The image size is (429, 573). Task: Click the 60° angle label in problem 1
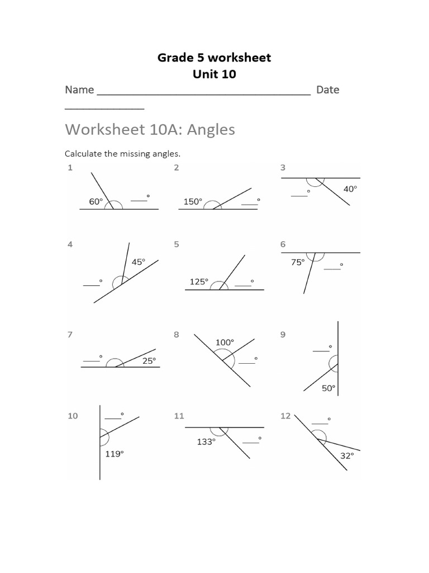96,201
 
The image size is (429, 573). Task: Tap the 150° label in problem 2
193,201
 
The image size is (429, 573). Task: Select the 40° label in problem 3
350,189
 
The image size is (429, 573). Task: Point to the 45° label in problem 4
138,261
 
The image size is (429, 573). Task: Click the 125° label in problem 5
199,281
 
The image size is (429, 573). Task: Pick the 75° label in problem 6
298,261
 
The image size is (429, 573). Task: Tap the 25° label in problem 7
149,361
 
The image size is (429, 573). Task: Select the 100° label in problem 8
225,341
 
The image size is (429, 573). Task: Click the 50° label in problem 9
328,388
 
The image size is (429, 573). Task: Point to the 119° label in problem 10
114,454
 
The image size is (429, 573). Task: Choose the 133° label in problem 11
206,442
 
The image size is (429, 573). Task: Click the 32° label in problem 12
347,455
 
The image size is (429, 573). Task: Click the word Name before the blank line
79,90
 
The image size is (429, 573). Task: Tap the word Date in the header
327,90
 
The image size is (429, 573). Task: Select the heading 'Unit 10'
214,74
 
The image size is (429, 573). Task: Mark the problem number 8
177,335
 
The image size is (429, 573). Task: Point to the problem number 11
179,416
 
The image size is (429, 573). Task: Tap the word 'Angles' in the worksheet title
211,130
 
